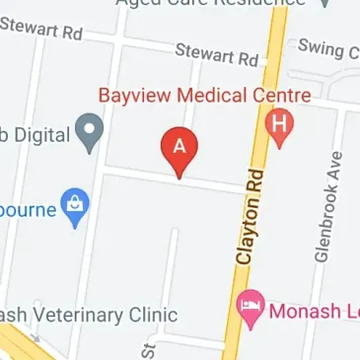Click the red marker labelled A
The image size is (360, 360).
pos(180,149)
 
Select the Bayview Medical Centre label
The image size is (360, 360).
pos(204,97)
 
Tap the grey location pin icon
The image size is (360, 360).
pos(92,131)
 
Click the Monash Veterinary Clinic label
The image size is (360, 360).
pos(89,316)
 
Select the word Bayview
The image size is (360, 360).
pos(134,97)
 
